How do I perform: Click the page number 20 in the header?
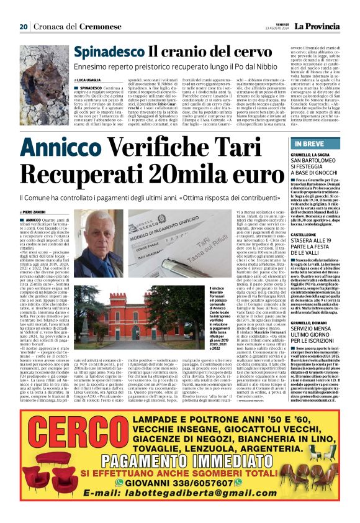click(23, 27)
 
